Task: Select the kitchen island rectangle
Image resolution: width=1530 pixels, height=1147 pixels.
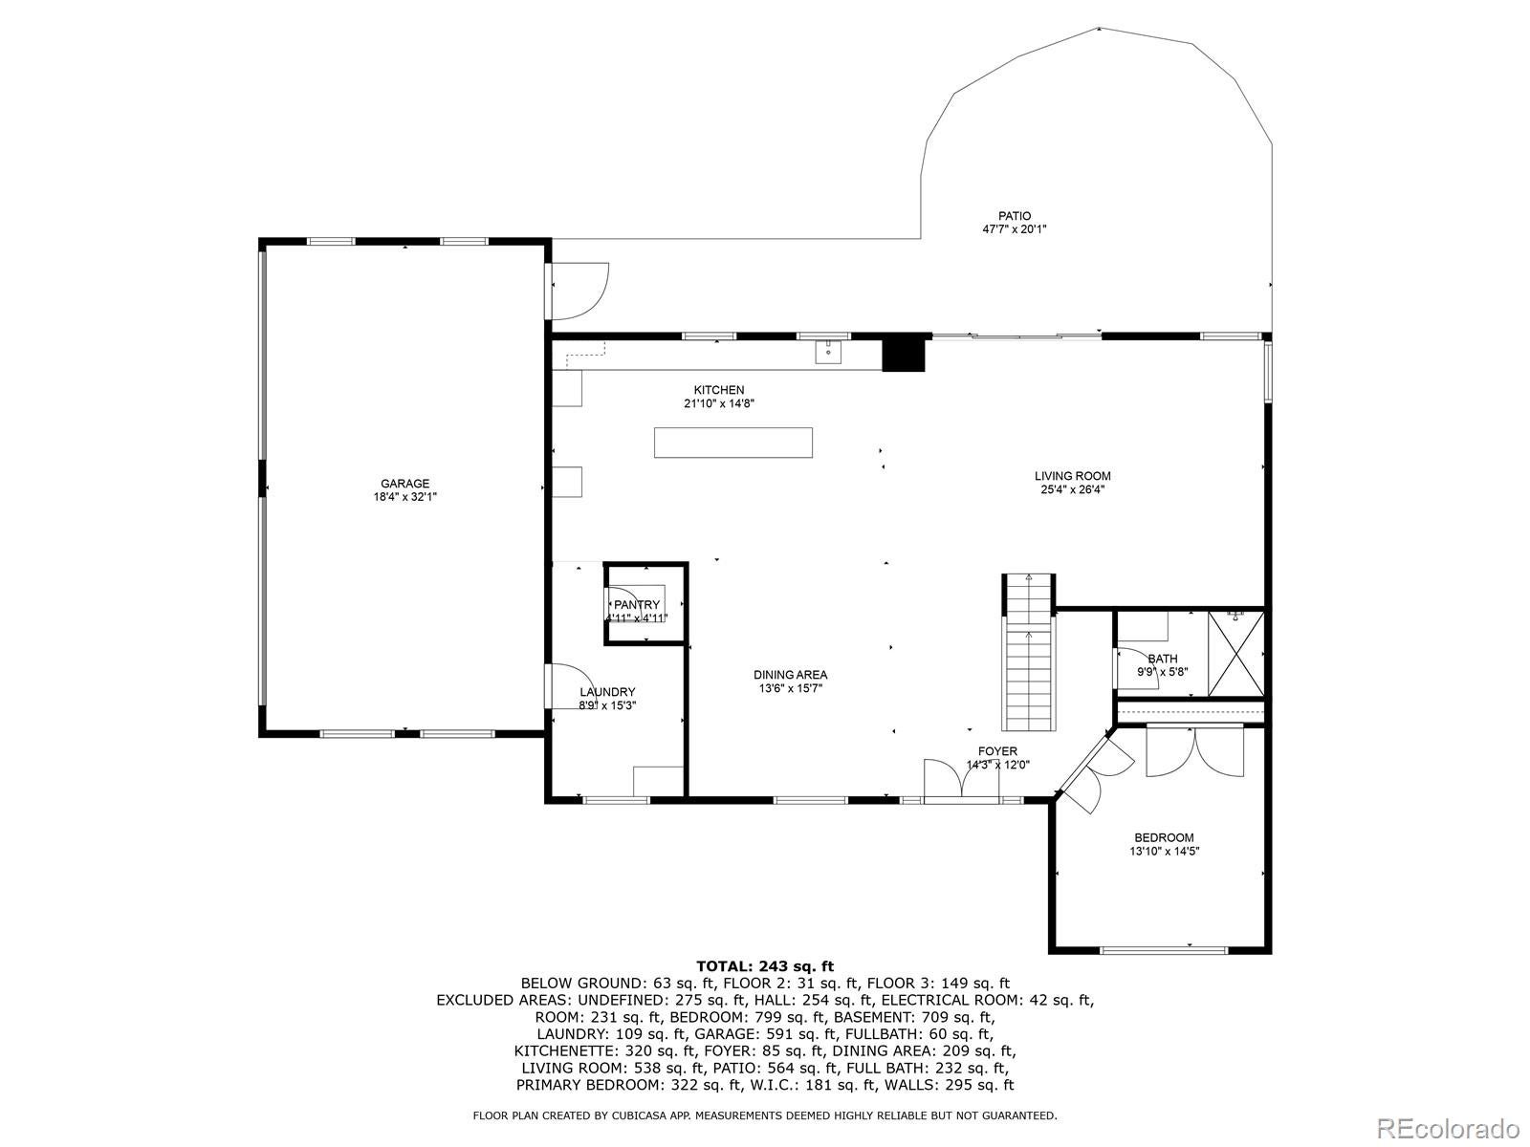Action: coord(733,443)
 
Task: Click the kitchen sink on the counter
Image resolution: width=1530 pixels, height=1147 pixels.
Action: coord(827,352)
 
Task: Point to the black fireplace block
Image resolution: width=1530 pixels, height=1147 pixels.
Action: coord(905,353)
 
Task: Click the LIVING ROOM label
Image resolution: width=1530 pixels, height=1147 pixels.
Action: coord(1072,476)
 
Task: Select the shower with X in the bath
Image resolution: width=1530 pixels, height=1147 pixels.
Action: coord(1235,655)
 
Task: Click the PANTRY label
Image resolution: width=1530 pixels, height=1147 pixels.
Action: coord(637,605)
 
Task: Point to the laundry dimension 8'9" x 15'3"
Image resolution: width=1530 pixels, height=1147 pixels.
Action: coord(607,705)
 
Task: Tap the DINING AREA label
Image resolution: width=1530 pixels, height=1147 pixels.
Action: coord(790,675)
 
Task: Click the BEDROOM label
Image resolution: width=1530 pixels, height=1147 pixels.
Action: coord(1164,837)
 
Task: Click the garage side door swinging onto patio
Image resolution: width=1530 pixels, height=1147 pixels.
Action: coord(578,291)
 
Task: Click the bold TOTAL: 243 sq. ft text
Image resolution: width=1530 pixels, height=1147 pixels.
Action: coord(765,966)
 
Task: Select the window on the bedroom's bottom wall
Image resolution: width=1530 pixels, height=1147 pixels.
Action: coord(1163,950)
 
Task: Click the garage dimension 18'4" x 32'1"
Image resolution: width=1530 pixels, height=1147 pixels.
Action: coord(404,497)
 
